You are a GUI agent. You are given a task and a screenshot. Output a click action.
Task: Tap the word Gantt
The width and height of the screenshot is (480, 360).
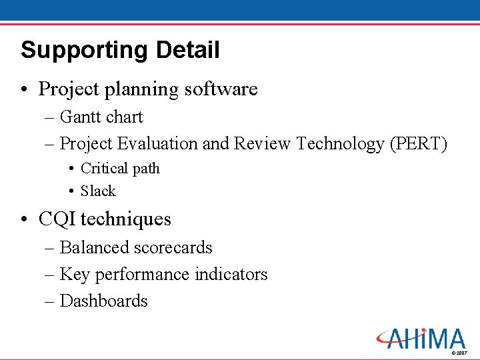coord(79,117)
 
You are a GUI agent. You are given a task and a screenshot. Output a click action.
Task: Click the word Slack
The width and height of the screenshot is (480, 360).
coord(98,191)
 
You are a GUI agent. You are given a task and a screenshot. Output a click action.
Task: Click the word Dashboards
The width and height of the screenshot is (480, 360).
coord(103,301)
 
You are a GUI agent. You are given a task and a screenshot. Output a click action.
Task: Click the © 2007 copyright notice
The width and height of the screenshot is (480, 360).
coord(459,352)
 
